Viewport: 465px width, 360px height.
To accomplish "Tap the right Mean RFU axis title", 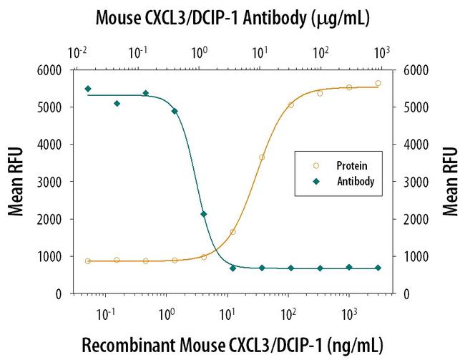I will [x=450, y=181].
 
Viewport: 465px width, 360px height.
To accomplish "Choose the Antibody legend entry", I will [x=354, y=182].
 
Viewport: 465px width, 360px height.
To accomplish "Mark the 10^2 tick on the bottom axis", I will [x=288, y=312].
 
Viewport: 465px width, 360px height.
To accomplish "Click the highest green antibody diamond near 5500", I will [x=88, y=89].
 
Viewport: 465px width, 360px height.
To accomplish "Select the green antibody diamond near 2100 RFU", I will [x=204, y=214].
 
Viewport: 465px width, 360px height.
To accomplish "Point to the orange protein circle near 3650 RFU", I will [x=262, y=157].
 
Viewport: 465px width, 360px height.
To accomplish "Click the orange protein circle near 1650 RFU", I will [x=233, y=232].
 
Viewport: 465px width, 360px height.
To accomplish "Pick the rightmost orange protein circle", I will [x=378, y=83].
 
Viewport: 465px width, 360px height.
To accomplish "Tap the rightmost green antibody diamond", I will [x=378, y=268].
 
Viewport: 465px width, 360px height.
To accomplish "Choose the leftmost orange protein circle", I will [x=88, y=261].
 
